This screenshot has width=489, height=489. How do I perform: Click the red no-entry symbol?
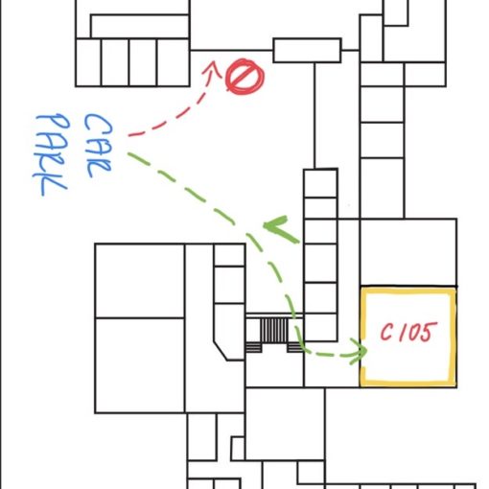click(x=244, y=77)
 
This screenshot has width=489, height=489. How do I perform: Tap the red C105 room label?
click(x=408, y=332)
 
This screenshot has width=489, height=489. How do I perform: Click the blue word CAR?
click(x=98, y=146)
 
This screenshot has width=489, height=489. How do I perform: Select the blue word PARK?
click(x=51, y=154)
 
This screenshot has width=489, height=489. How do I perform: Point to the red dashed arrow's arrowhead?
click(x=212, y=68)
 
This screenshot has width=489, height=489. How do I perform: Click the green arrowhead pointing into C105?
click(x=360, y=351)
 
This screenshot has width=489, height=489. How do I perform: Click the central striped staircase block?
click(x=274, y=330)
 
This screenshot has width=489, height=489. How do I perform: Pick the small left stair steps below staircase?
click(x=253, y=347)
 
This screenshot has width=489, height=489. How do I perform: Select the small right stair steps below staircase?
click(x=294, y=347)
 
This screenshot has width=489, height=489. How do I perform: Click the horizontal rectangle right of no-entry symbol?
click(x=307, y=51)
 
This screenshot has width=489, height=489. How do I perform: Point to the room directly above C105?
click(x=408, y=252)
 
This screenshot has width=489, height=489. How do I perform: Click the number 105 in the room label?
click(x=418, y=332)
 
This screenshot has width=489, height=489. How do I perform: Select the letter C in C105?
click(x=386, y=333)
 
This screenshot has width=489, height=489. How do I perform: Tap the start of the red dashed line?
click(x=129, y=135)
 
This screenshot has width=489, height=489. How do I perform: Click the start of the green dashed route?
click(x=128, y=154)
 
